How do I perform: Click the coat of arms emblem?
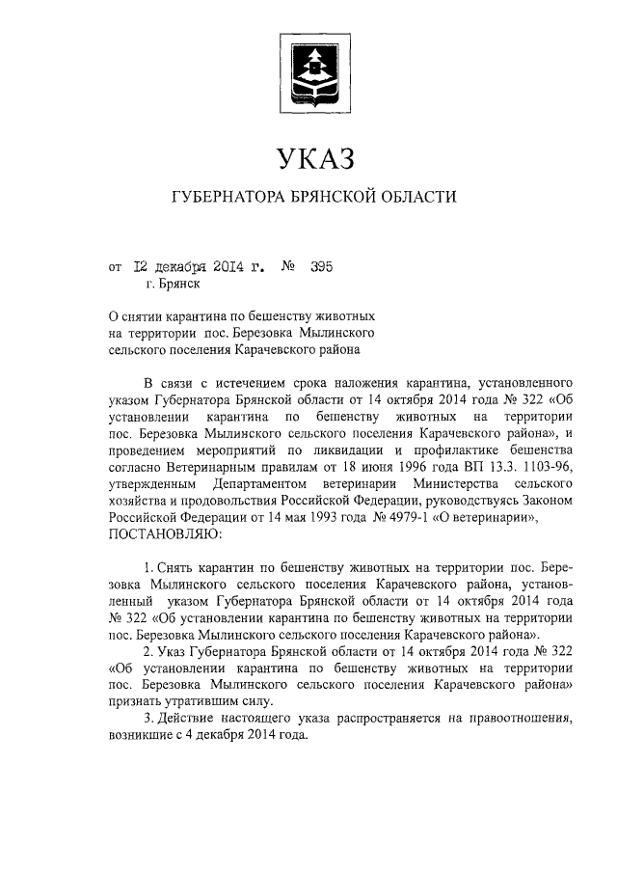coord(311,68)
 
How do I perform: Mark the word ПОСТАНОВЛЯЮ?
coord(167,534)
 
